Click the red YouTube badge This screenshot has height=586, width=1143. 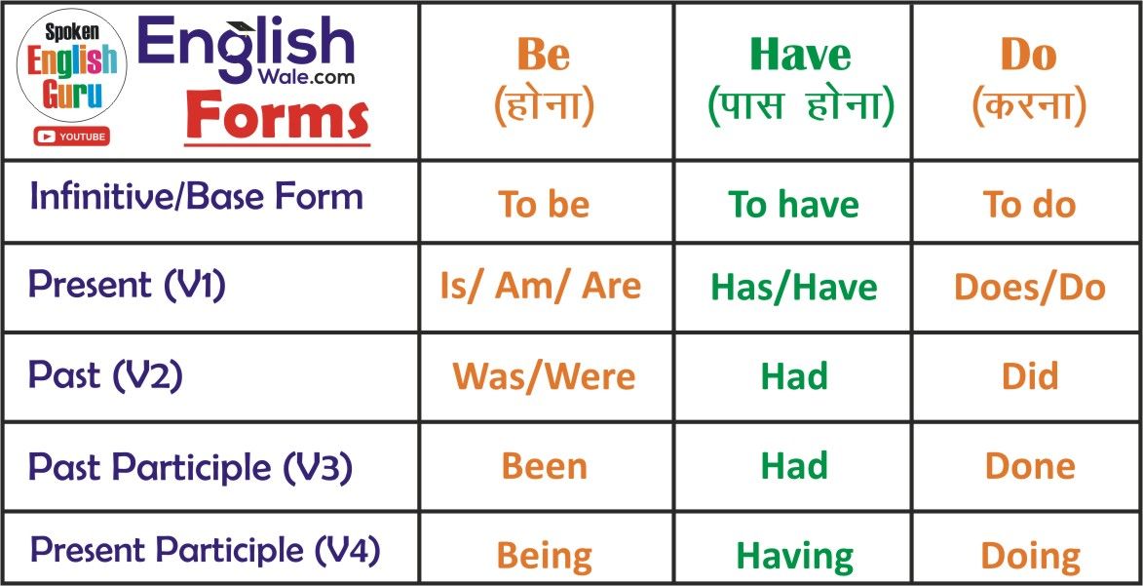pos(71,137)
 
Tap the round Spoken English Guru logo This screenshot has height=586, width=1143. pos(71,65)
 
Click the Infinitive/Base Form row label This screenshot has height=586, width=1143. pos(196,196)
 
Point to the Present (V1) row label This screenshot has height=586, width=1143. pos(127,285)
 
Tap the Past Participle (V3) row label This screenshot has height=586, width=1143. pos(190,468)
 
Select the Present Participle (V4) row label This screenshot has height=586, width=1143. pos(205,550)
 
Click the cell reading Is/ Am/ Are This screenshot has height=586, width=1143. pos(540,286)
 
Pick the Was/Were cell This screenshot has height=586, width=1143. pos(544,376)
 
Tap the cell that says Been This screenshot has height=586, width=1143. pos(545,467)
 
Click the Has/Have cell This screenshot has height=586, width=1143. pos(794,288)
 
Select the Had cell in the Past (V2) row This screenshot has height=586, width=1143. pos(794,376)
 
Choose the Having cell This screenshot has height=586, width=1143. pos(794,557)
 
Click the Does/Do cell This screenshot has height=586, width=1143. pos(1029,288)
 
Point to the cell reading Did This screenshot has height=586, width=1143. pos(1030,376)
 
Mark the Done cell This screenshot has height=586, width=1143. pos(1030,467)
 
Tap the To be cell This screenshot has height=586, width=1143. pos(544,205)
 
